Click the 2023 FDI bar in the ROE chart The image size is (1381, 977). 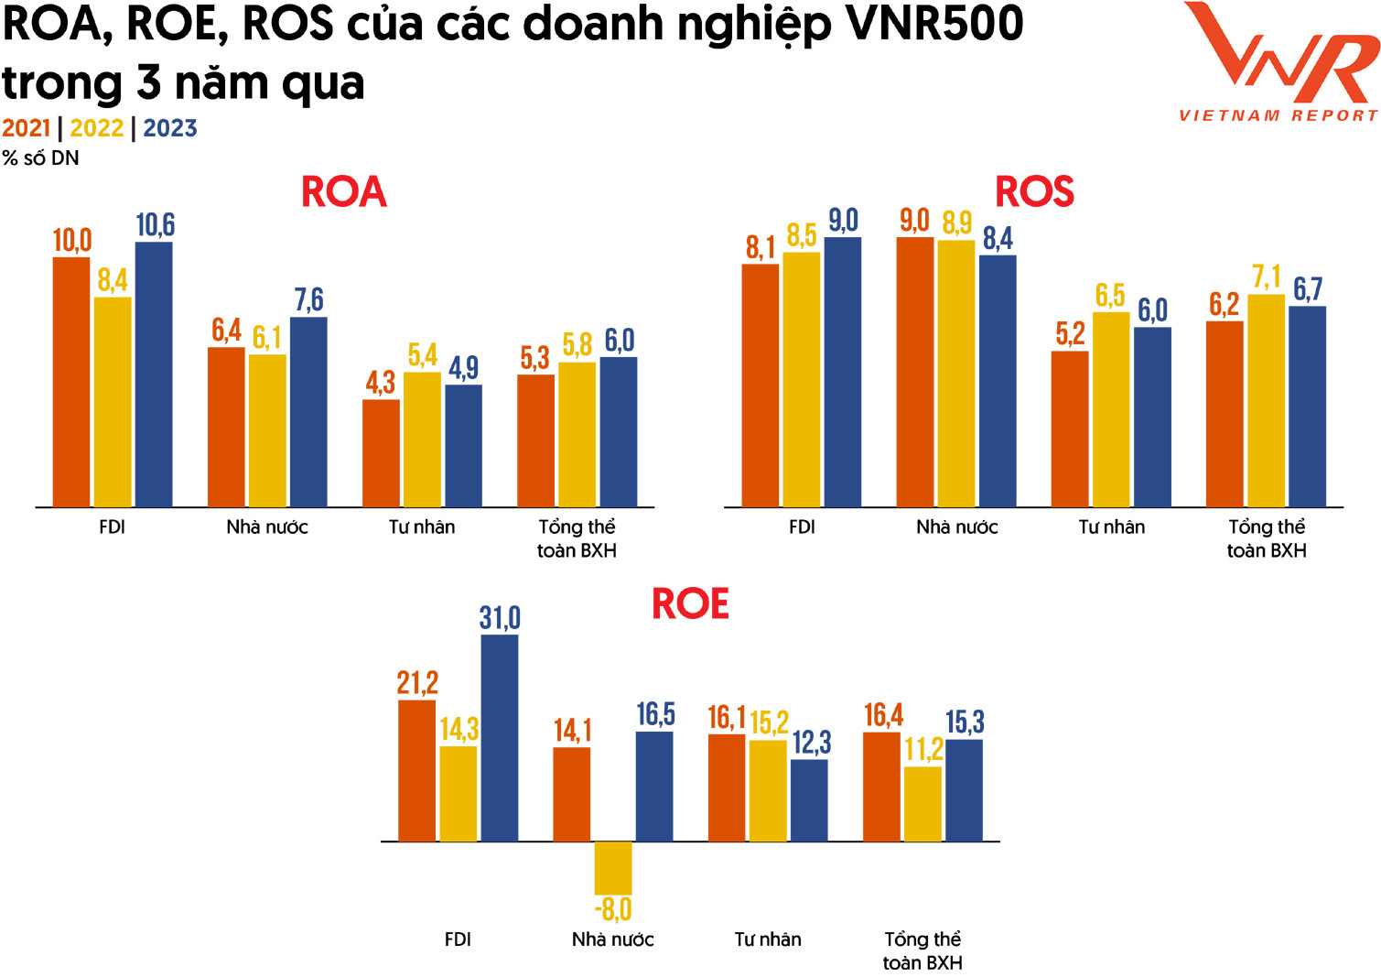coord(499,738)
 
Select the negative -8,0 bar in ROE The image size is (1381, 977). coord(612,868)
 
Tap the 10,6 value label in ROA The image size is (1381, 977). coord(155,225)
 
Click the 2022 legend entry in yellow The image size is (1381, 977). coord(97,128)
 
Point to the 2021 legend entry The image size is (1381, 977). coord(26,128)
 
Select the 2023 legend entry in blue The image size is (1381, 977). coord(170,128)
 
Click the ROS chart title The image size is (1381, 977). coord(1034,192)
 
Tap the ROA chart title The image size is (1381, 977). coord(344,192)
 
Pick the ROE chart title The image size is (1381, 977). coord(690,604)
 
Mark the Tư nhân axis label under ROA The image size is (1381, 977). coord(422,527)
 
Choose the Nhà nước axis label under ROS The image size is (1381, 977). coord(956,527)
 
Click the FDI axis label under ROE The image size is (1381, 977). coord(458,939)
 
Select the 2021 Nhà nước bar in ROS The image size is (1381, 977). coord(915,372)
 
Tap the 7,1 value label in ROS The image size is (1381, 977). coord(1267,277)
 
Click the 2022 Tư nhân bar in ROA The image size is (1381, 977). coord(422,440)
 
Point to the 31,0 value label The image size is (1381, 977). coord(500,618)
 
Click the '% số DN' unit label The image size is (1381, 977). coord(41,158)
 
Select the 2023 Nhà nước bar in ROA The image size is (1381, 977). coord(308,412)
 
